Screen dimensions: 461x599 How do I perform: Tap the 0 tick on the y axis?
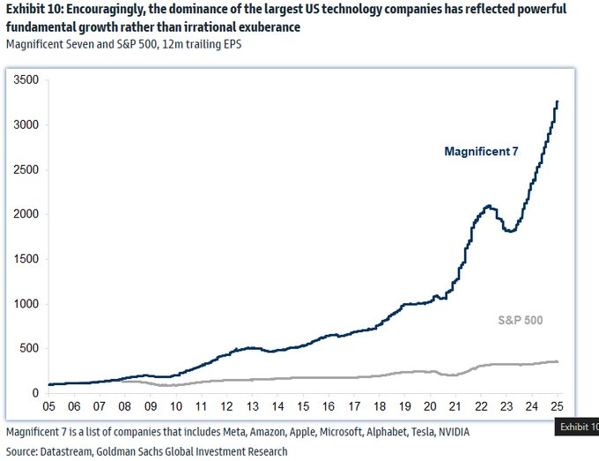[34, 393]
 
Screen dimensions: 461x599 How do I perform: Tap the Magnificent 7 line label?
[481, 152]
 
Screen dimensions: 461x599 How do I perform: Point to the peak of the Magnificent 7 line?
[558, 102]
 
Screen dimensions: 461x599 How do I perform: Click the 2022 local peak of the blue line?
[487, 205]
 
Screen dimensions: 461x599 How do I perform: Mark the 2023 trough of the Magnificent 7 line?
[509, 231]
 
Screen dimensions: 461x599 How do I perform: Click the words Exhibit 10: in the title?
[34, 10]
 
